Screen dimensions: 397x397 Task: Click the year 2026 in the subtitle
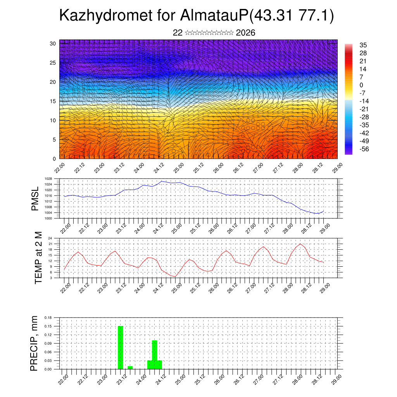click(x=245, y=33)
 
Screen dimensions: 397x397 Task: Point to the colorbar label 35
click(x=363, y=45)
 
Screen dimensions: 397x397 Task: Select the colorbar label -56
click(x=364, y=148)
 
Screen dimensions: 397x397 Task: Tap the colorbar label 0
click(x=361, y=85)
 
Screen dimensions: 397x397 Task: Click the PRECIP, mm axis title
click(x=35, y=343)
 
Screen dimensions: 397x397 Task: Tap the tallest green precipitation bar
click(x=120, y=347)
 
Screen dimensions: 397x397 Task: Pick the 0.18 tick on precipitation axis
click(x=48, y=318)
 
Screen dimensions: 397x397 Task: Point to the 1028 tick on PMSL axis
click(x=48, y=179)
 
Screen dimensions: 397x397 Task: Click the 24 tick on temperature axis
click(x=50, y=238)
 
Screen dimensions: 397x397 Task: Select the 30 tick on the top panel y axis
click(x=53, y=43)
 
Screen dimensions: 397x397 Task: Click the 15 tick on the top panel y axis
click(x=53, y=101)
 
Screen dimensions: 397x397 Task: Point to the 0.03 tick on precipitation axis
click(x=48, y=361)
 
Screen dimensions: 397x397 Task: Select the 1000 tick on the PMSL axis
click(x=48, y=218)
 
